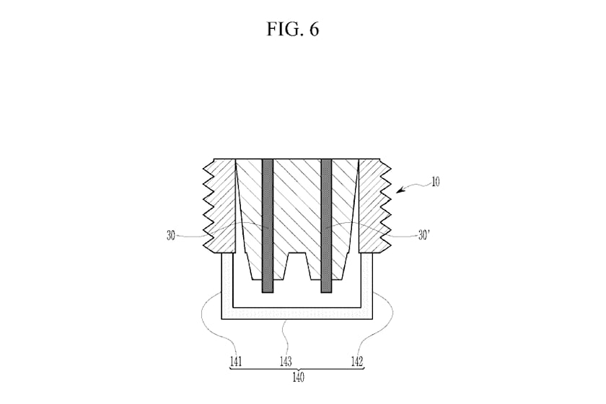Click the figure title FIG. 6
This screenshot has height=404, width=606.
click(293, 29)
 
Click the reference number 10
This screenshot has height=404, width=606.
click(435, 182)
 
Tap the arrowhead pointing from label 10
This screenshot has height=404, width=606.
click(400, 190)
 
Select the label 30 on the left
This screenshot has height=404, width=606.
click(171, 235)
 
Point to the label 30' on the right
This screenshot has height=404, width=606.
click(424, 235)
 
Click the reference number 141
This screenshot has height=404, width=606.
click(236, 361)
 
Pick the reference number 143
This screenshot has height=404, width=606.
click(286, 361)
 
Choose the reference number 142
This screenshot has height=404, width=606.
click(357, 361)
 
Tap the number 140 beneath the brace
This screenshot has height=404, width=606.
click(298, 377)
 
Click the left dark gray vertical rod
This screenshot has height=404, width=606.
click(268, 225)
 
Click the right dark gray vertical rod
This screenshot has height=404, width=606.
click(327, 225)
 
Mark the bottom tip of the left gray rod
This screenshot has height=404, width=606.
click(268, 292)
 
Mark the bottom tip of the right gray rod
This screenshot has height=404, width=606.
click(327, 292)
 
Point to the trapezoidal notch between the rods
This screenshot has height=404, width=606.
click(297, 266)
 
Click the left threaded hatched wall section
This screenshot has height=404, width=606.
click(219, 206)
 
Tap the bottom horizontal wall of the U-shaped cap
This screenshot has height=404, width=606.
click(297, 314)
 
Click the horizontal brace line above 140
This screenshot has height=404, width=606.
click(297, 369)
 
